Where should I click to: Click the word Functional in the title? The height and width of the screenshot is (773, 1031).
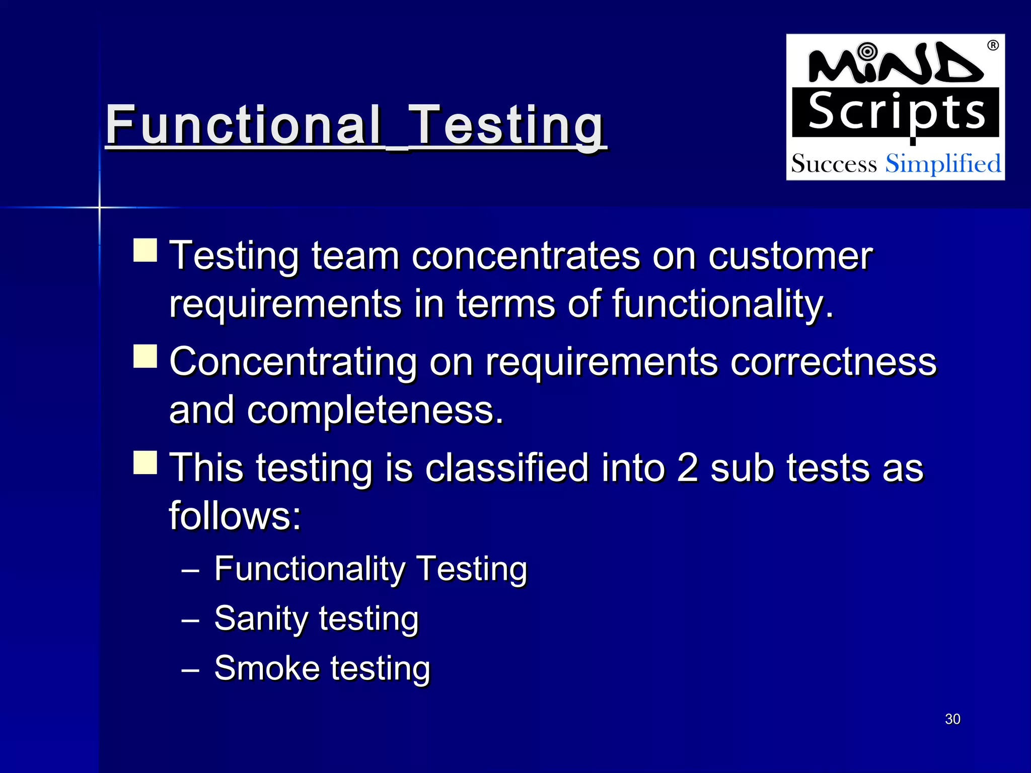[x=243, y=124]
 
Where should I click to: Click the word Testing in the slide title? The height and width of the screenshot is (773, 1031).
[x=507, y=124]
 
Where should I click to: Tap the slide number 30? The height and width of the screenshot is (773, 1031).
[x=952, y=719]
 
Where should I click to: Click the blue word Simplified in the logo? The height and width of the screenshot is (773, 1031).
[x=943, y=164]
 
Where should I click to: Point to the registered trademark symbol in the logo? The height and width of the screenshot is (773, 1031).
[x=993, y=46]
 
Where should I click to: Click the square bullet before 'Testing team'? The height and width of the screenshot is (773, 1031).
[x=145, y=250]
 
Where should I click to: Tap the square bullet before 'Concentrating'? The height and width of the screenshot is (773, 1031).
[x=145, y=356]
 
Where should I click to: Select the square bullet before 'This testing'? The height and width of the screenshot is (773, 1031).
[x=145, y=462]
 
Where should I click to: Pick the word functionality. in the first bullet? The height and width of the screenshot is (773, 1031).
[x=723, y=304]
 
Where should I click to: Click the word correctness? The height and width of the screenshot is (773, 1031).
[x=833, y=361]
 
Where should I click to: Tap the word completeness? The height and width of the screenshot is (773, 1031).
[x=375, y=410]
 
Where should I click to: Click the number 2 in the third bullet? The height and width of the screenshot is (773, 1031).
[x=688, y=468]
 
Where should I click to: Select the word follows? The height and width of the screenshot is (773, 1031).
[x=235, y=515]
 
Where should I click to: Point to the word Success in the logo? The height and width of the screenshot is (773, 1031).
[x=834, y=164]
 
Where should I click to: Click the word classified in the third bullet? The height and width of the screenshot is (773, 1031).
[x=506, y=468]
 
